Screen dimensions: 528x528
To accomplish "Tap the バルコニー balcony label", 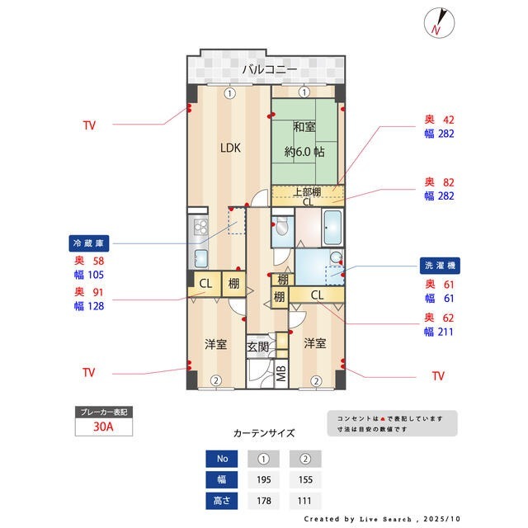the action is [270, 69].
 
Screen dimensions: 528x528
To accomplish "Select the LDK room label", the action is [230, 148].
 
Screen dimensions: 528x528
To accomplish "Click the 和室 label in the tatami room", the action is [304, 127].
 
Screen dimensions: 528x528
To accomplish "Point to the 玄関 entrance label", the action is [257, 346].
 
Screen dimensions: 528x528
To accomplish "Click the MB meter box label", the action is [281, 374].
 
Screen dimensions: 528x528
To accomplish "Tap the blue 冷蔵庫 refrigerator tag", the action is [89, 243].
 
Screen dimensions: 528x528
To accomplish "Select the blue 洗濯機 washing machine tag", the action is [440, 266].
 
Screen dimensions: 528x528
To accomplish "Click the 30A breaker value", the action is [103, 427].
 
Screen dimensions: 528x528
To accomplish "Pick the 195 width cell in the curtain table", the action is [264, 479].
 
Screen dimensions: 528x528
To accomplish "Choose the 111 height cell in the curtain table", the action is [304, 501].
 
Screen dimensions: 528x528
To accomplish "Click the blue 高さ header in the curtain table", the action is [222, 501].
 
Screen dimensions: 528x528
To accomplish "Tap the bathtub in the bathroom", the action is [332, 228].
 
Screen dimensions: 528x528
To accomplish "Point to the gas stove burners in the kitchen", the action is [200, 226].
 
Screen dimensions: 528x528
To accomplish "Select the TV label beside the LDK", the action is [90, 125].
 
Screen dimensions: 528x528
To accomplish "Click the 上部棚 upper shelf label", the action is [307, 192].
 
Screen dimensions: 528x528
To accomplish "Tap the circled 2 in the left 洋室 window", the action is [216, 381].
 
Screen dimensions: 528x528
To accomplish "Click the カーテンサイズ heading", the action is [264, 432].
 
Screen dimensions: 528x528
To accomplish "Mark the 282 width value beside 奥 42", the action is [446, 134].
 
